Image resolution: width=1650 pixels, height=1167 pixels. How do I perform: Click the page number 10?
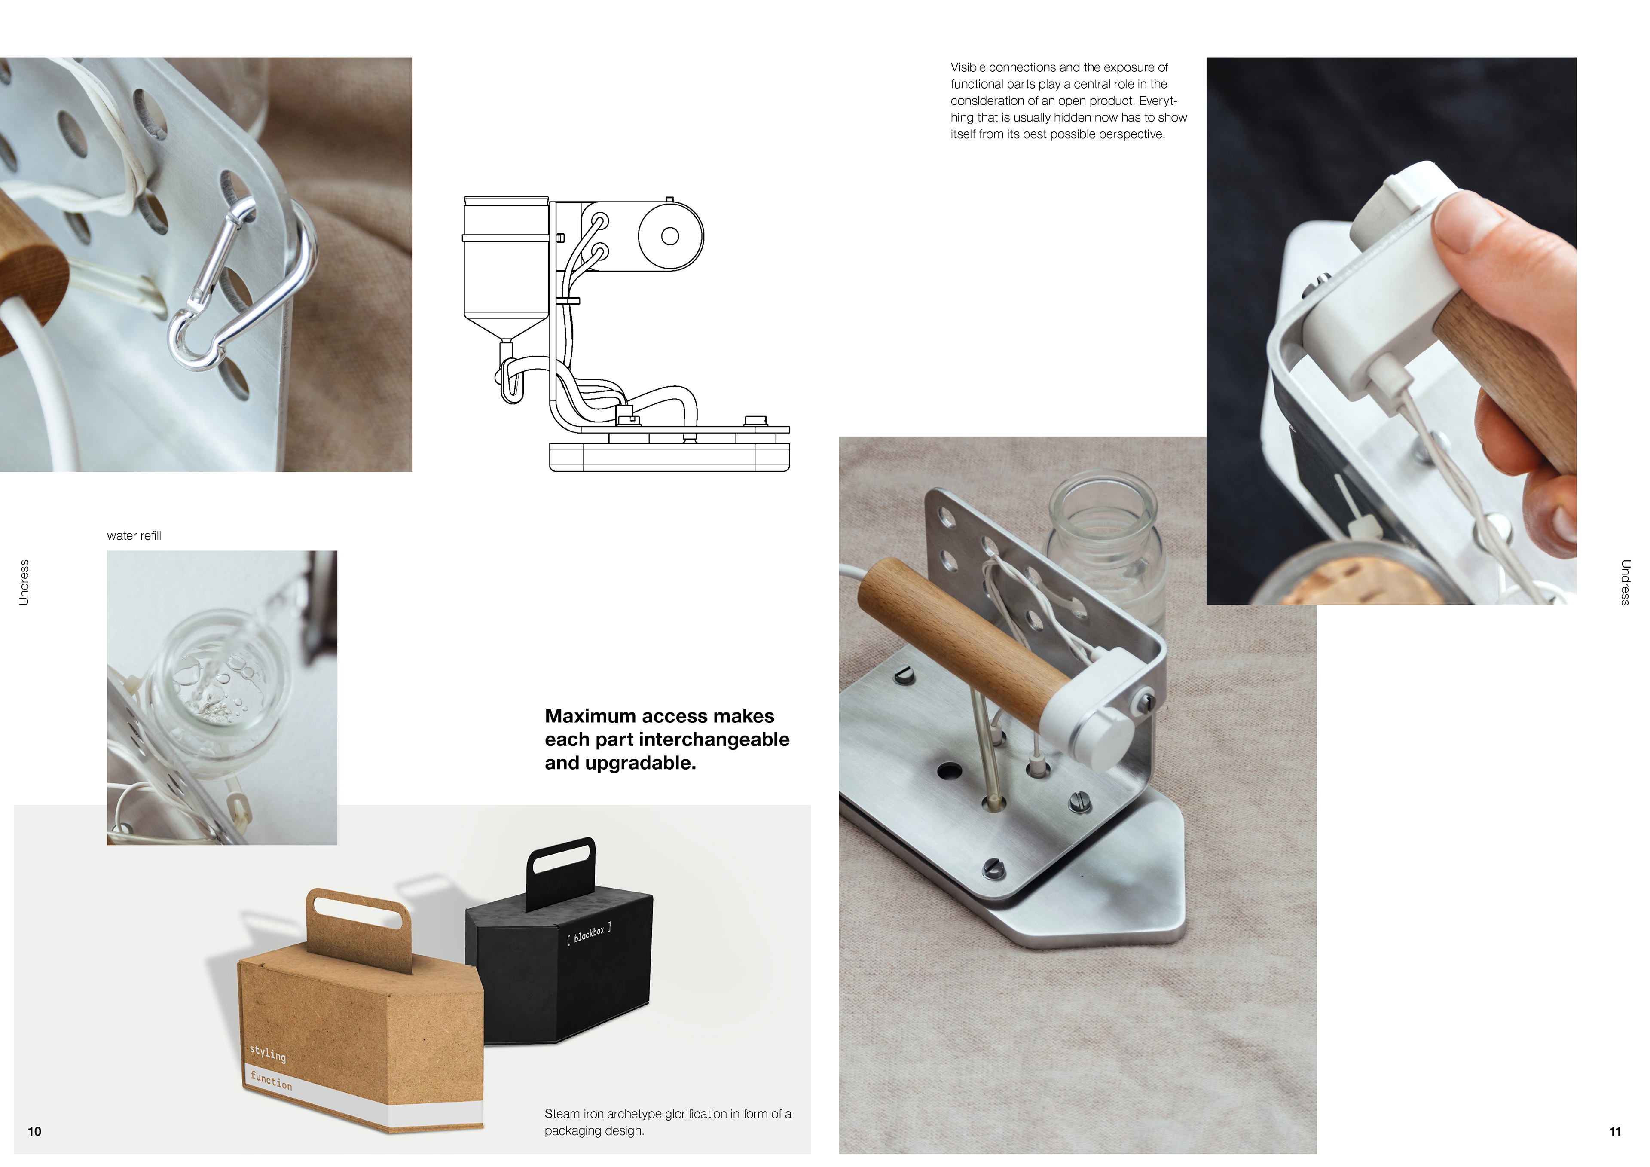tap(34, 1132)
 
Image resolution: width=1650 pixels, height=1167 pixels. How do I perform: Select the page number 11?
tap(1615, 1132)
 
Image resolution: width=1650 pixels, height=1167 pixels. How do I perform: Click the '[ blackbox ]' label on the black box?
tap(589, 933)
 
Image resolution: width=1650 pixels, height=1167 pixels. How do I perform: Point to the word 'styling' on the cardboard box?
tap(267, 1054)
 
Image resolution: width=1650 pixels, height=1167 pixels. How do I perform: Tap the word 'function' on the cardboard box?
tap(271, 1080)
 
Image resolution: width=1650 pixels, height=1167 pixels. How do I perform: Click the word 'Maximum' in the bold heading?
tap(589, 716)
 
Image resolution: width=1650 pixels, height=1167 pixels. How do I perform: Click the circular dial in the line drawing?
tap(670, 236)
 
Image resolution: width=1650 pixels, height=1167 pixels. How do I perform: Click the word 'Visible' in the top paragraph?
tap(967, 67)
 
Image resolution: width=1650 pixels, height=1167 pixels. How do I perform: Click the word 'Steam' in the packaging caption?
tap(562, 1114)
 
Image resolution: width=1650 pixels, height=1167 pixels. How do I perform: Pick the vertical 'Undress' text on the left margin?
tap(24, 583)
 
